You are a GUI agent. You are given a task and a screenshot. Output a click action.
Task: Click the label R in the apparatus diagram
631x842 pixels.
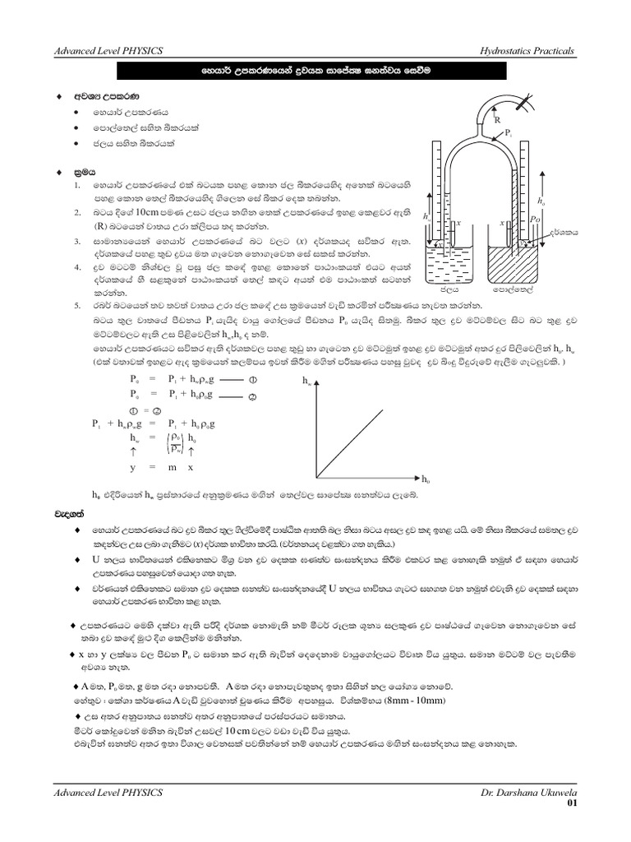498,120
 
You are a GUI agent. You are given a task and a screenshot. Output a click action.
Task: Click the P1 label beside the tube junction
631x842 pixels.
509,132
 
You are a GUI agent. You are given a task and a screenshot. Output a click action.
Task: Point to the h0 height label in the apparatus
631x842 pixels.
540,201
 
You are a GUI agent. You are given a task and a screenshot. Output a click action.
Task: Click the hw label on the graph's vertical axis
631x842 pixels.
307,382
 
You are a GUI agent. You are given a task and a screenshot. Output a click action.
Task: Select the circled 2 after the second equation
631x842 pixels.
253,396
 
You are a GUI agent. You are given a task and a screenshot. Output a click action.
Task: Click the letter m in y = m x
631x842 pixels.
173,466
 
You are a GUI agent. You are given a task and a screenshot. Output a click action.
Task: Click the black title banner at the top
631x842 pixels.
315,72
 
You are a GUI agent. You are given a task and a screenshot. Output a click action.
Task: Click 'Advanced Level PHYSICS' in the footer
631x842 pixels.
108,791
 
